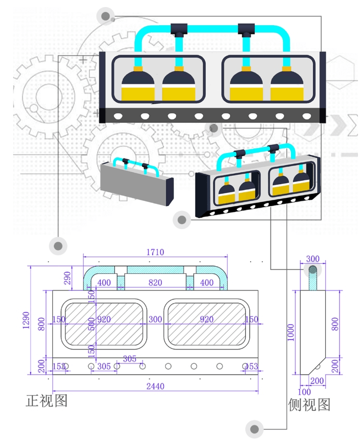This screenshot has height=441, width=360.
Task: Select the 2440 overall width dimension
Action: click(x=155, y=387)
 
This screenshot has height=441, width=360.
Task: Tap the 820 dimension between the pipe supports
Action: click(x=155, y=283)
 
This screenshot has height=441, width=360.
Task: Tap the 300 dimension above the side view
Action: click(x=312, y=259)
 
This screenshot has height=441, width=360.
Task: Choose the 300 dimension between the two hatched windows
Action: click(x=155, y=320)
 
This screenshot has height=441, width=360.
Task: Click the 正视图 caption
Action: click(x=46, y=401)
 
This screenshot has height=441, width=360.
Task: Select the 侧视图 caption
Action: click(x=309, y=404)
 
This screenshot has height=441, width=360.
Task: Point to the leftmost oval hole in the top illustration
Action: click(x=118, y=116)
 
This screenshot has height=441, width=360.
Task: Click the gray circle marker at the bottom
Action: click(x=255, y=429)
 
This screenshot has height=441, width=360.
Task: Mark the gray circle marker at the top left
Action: click(x=106, y=17)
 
